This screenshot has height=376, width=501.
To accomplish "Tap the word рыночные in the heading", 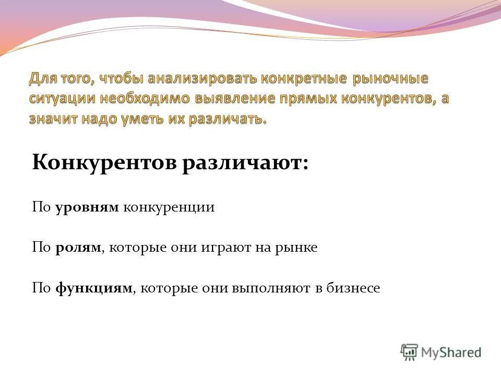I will pos(390,79).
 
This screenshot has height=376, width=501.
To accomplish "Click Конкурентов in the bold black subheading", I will pos(104,162).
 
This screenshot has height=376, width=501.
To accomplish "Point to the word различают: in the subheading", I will pos(245,162).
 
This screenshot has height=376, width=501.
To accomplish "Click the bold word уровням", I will pos(87,207).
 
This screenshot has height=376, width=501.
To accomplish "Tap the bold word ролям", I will pos(78,248).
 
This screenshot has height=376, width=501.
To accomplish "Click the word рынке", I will pos(297,248).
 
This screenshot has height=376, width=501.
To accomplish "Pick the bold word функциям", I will pos(94,288).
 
